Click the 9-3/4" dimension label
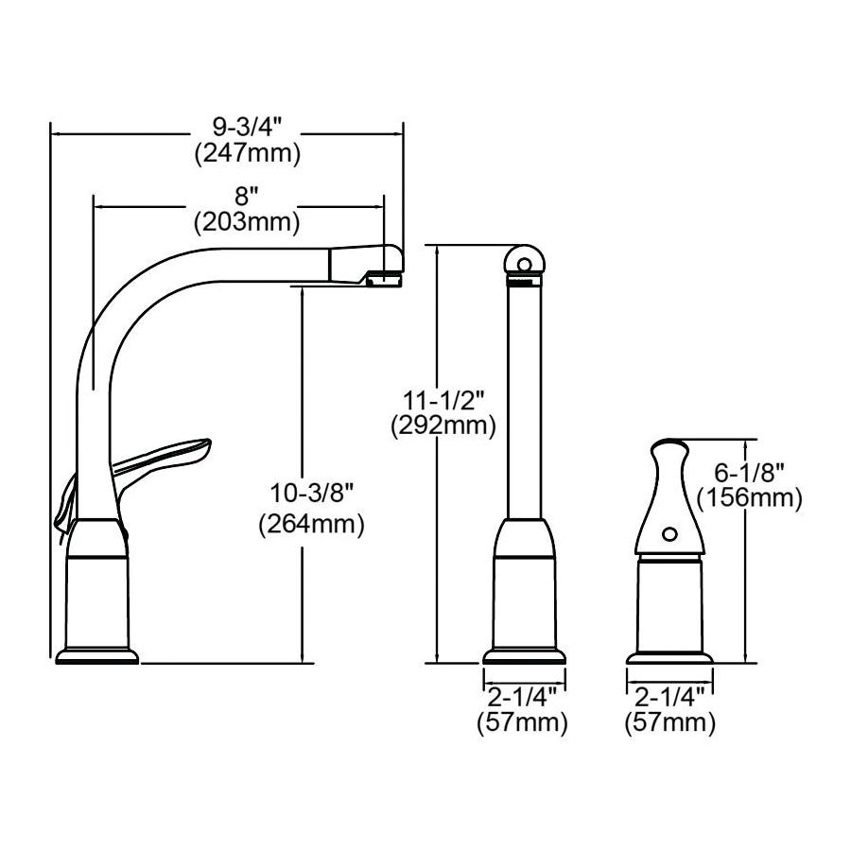pos(247,128)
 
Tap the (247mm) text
pos(248,154)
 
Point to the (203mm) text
pos(247,222)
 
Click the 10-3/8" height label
pos(311,494)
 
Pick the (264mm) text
pos(311,524)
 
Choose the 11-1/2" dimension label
pos(443,401)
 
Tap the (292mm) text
pos(443,426)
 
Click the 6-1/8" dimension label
pos(750,474)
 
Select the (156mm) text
pos(750,497)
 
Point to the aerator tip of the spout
pos(385,280)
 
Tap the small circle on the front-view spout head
pos(524,265)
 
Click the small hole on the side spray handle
pos(669,534)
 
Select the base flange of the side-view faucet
pos(97,656)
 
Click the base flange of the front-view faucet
pos(524,656)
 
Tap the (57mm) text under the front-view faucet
pos(523,722)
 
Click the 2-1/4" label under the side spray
pos(669,696)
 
